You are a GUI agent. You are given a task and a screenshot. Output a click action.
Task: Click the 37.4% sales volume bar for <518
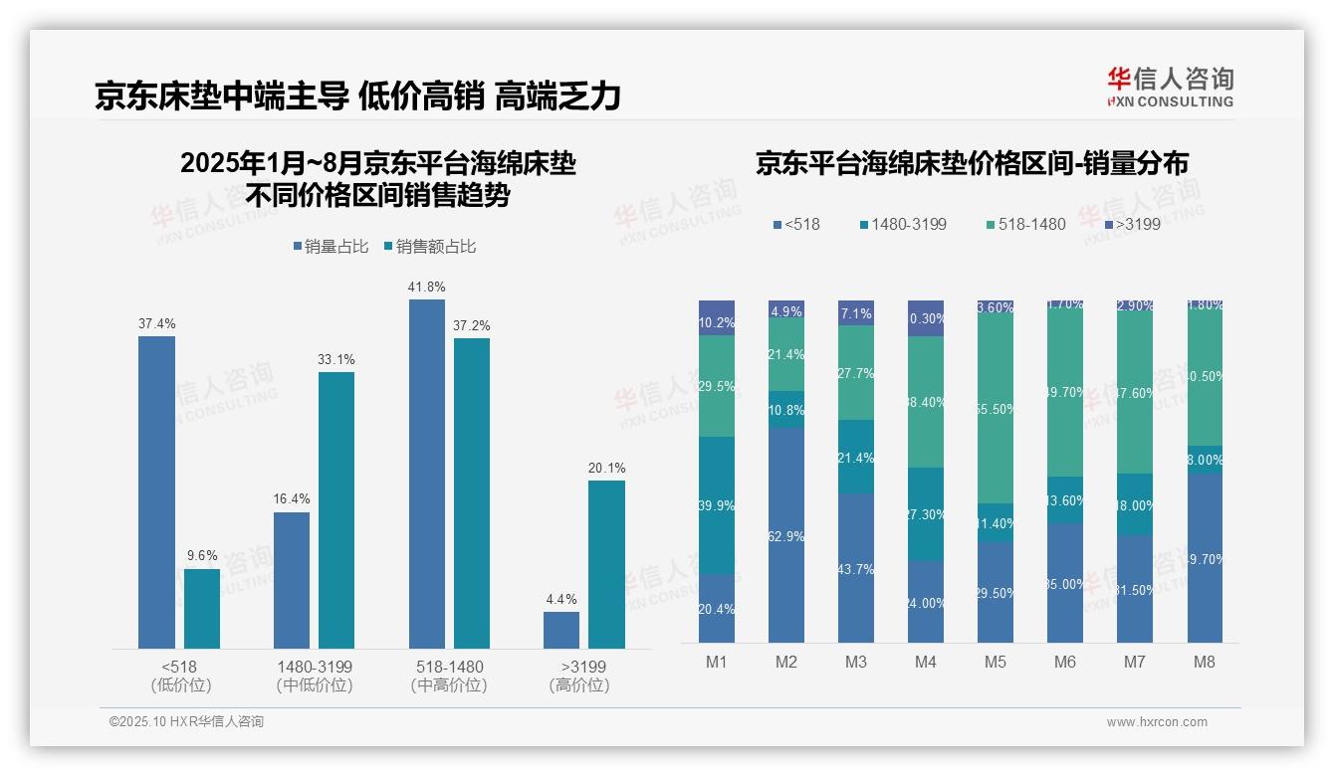pyautogui.click(x=156, y=492)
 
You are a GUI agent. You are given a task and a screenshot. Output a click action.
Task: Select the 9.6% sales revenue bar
pyautogui.click(x=202, y=609)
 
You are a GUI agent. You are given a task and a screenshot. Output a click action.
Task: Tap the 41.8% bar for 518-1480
pyautogui.click(x=427, y=474)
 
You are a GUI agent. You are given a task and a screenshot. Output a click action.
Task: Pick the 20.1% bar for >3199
pyautogui.click(x=606, y=564)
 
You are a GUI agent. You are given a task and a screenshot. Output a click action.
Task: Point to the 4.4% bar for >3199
pyautogui.click(x=561, y=630)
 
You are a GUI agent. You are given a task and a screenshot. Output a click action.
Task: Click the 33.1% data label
pyautogui.click(x=336, y=359)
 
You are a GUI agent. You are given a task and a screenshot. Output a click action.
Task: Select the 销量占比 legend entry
pyautogui.click(x=333, y=247)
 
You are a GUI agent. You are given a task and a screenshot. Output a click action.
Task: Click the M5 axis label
pyautogui.click(x=995, y=662)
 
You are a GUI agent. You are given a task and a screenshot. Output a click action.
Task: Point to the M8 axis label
pyautogui.click(x=1204, y=662)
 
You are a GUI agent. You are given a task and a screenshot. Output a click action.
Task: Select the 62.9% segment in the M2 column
pyautogui.click(x=786, y=535)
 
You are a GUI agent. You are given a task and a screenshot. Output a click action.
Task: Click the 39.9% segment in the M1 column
pyautogui.click(x=717, y=505)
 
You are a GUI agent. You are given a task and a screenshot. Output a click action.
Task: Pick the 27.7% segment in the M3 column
pyautogui.click(x=856, y=372)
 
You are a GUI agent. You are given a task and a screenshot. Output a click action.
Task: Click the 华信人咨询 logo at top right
pyautogui.click(x=1170, y=87)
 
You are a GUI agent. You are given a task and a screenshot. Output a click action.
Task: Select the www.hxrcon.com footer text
pyautogui.click(x=1157, y=722)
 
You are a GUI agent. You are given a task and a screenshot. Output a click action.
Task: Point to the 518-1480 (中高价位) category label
pyautogui.click(x=449, y=676)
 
